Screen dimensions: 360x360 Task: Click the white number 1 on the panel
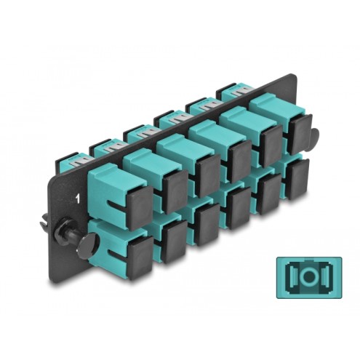77,199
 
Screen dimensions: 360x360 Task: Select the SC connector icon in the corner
309,277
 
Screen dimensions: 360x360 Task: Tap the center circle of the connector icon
309,276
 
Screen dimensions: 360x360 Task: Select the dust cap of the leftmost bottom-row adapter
140,258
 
